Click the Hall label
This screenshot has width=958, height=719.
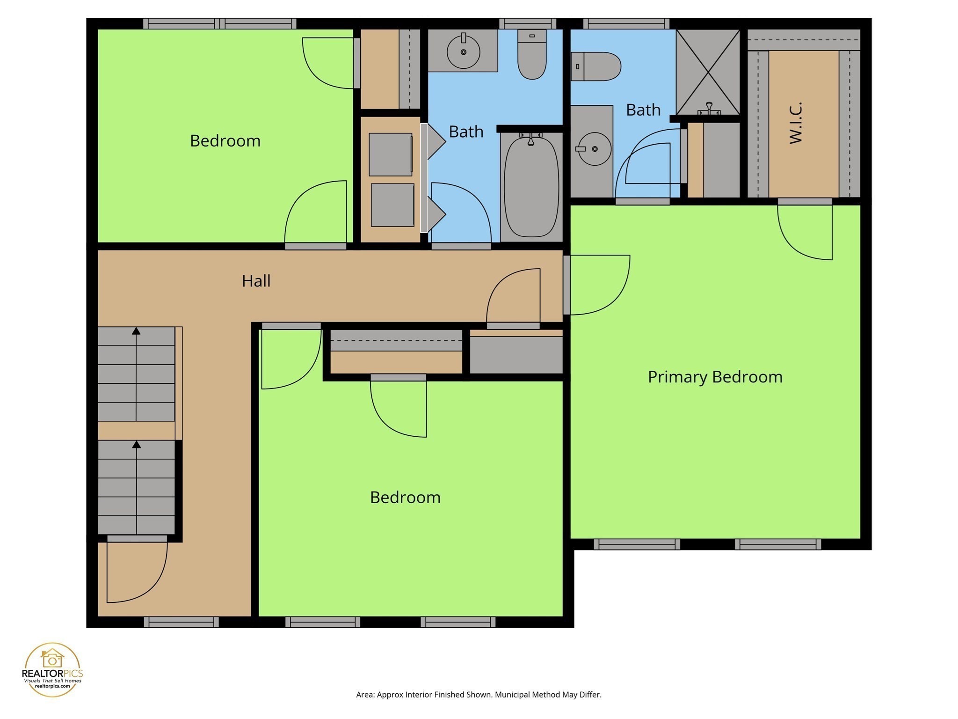pyautogui.click(x=256, y=281)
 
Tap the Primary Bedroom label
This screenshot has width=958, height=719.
pyautogui.click(x=715, y=377)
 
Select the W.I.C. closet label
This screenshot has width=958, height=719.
pyautogui.click(x=796, y=123)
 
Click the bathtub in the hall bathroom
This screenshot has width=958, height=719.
pyautogui.click(x=531, y=187)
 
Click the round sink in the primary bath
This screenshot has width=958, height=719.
pyautogui.click(x=594, y=149)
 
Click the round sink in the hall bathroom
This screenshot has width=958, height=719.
pyautogui.click(x=463, y=52)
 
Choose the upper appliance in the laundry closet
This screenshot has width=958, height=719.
pyautogui.click(x=391, y=154)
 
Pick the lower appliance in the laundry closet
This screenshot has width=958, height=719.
pyautogui.click(x=392, y=205)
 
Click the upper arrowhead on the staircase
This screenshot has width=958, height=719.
pyautogui.click(x=136, y=331)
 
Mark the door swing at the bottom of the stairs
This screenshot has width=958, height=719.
pyautogui.click(x=136, y=573)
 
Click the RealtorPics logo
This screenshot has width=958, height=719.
pyautogui.click(x=52, y=669)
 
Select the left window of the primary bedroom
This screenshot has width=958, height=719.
pyautogui.click(x=637, y=544)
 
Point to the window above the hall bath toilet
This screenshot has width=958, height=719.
pyautogui.click(x=528, y=24)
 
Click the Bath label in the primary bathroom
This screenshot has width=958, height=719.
pyautogui.click(x=643, y=110)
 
